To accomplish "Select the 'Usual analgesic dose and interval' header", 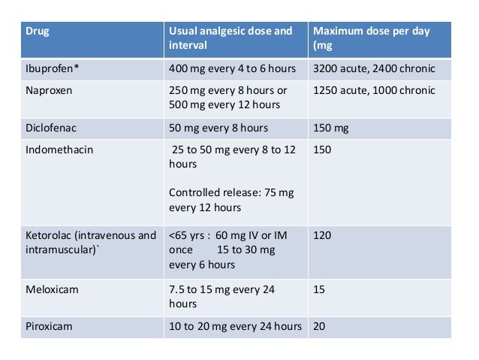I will tap(230, 38).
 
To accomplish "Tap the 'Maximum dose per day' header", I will tap(371, 38).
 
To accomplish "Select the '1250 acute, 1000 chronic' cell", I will tap(374, 91).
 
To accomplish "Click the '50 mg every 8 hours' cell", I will tap(218, 128).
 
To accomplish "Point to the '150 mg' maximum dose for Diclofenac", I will tap(331, 129).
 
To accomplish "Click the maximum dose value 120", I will tap(322, 236).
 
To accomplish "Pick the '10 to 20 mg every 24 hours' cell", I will tap(235, 326).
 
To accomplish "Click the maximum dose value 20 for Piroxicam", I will tap(320, 326).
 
